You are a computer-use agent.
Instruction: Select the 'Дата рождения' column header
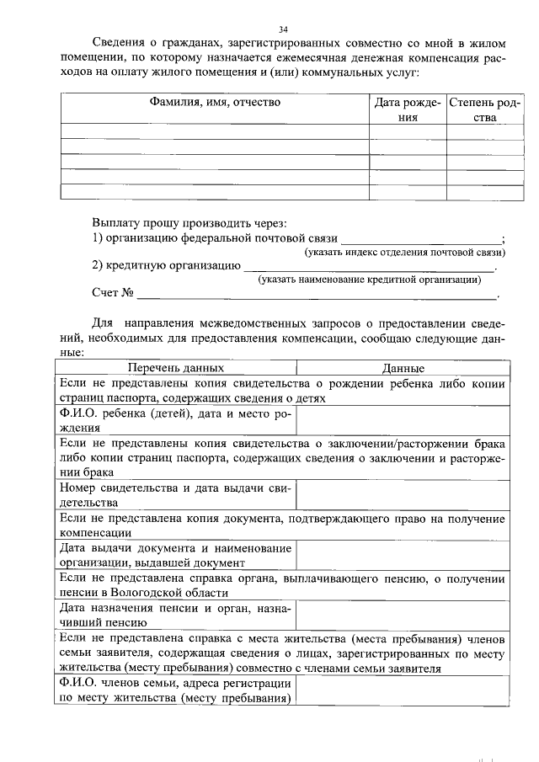click(408, 110)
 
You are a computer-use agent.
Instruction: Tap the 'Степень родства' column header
click(483, 110)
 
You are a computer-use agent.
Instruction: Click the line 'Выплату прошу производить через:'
click(189, 223)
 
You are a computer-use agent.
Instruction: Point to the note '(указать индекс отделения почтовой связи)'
click(404, 253)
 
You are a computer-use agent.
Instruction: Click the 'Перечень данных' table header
click(175, 369)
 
